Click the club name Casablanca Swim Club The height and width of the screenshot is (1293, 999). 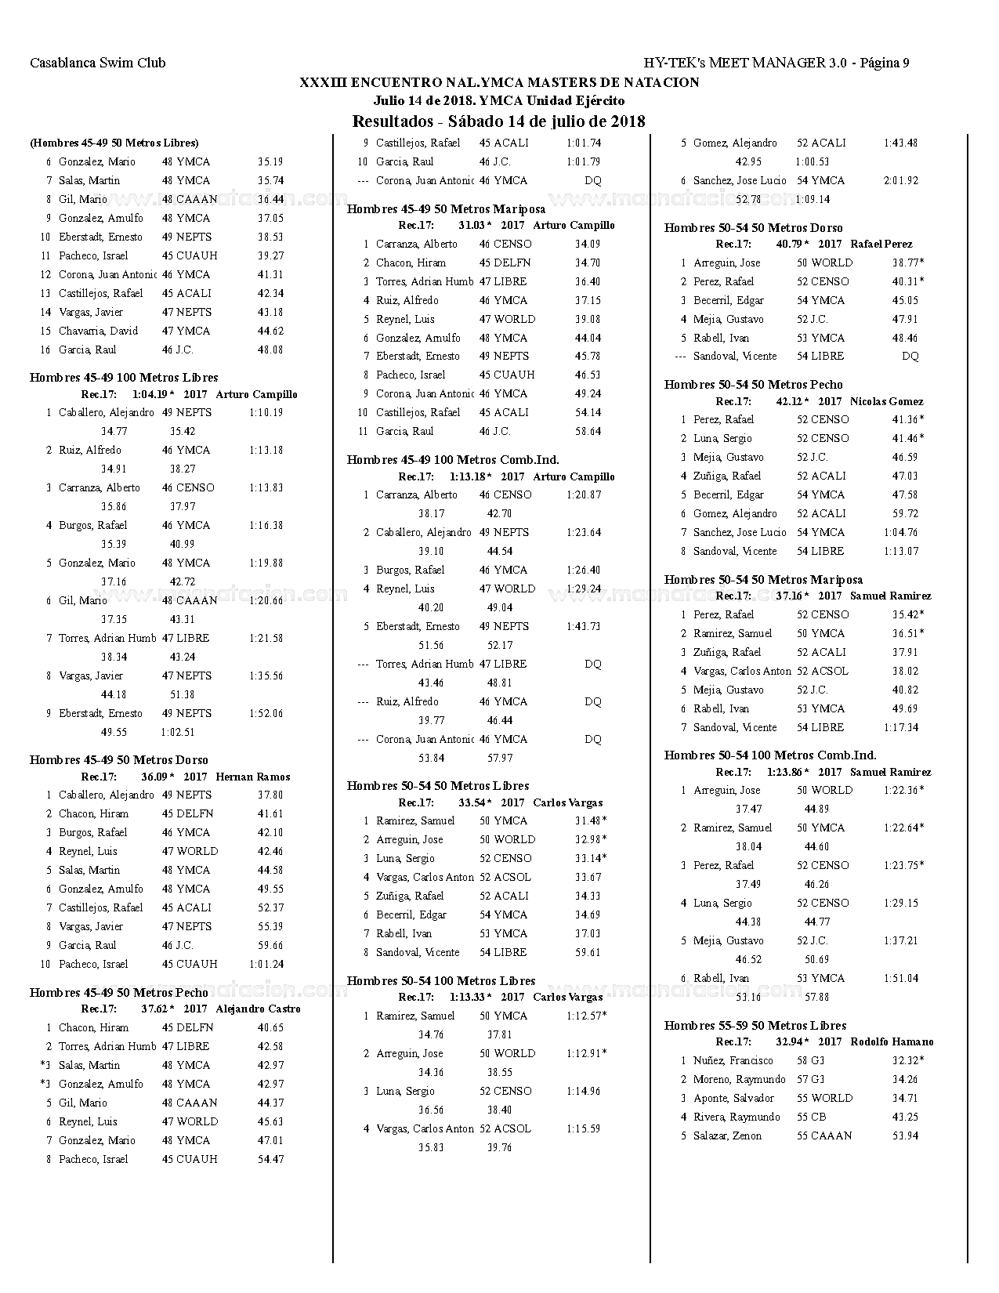click(x=97, y=63)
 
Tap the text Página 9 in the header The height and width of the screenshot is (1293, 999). click(x=885, y=63)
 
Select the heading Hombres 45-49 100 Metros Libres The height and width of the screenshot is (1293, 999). click(x=124, y=378)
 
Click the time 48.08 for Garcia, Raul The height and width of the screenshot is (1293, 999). click(x=270, y=350)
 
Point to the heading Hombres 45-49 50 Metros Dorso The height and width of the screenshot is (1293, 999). click(x=118, y=760)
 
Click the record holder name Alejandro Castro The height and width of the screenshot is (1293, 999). click(x=258, y=1009)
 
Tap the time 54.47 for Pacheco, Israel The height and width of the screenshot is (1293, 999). click(x=270, y=1159)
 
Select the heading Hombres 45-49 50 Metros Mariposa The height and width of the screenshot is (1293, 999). click(x=446, y=209)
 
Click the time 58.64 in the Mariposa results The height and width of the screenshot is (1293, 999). click(x=588, y=431)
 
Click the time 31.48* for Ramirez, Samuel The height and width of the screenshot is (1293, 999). click(x=590, y=820)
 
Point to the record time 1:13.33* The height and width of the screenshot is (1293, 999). click(x=470, y=997)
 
